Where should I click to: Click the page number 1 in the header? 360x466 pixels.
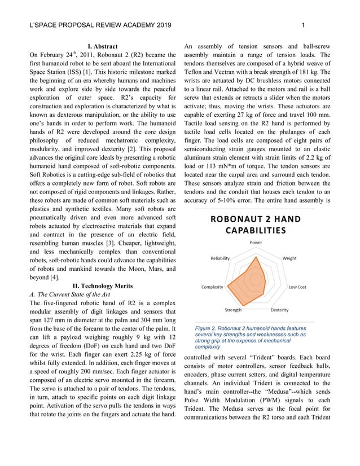point(304,25)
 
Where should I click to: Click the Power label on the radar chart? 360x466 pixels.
point(256,243)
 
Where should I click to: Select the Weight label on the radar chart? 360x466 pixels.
point(289,258)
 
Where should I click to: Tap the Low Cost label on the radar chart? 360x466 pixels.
point(297,287)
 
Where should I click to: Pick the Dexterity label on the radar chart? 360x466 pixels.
point(280,310)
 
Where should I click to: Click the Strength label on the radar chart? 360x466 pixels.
point(233,310)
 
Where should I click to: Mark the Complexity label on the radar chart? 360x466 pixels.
point(213,287)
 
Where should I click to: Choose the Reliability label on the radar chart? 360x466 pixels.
point(220,258)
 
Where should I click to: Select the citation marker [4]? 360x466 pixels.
point(54,277)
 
